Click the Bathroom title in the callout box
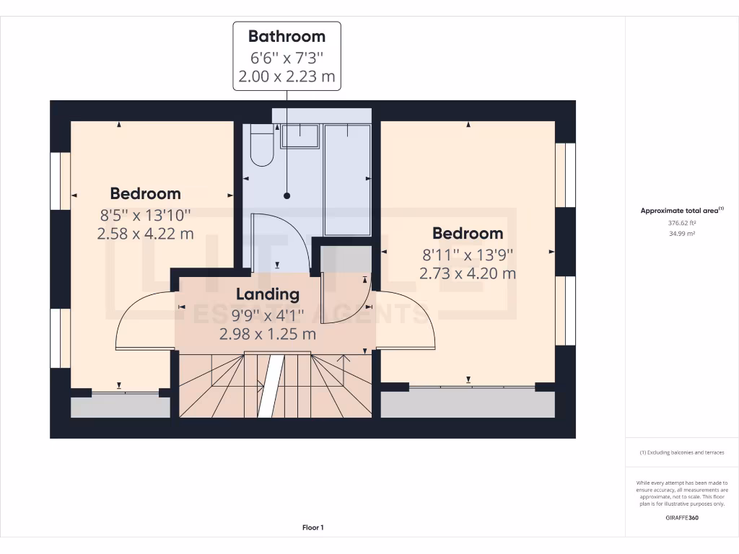(x=287, y=36)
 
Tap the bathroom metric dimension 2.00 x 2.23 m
(x=287, y=76)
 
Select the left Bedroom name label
(x=145, y=193)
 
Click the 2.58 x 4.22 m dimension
(x=145, y=234)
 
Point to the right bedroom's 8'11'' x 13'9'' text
(x=468, y=254)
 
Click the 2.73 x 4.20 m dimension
(x=468, y=273)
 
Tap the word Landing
(x=267, y=294)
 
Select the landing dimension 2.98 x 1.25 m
(x=267, y=334)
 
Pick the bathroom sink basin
(x=299, y=136)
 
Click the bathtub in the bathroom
(x=347, y=180)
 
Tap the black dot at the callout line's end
(x=287, y=195)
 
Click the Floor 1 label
(x=312, y=528)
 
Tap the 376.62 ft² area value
(x=681, y=223)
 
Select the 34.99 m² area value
(x=681, y=234)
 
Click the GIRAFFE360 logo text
(x=681, y=517)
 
